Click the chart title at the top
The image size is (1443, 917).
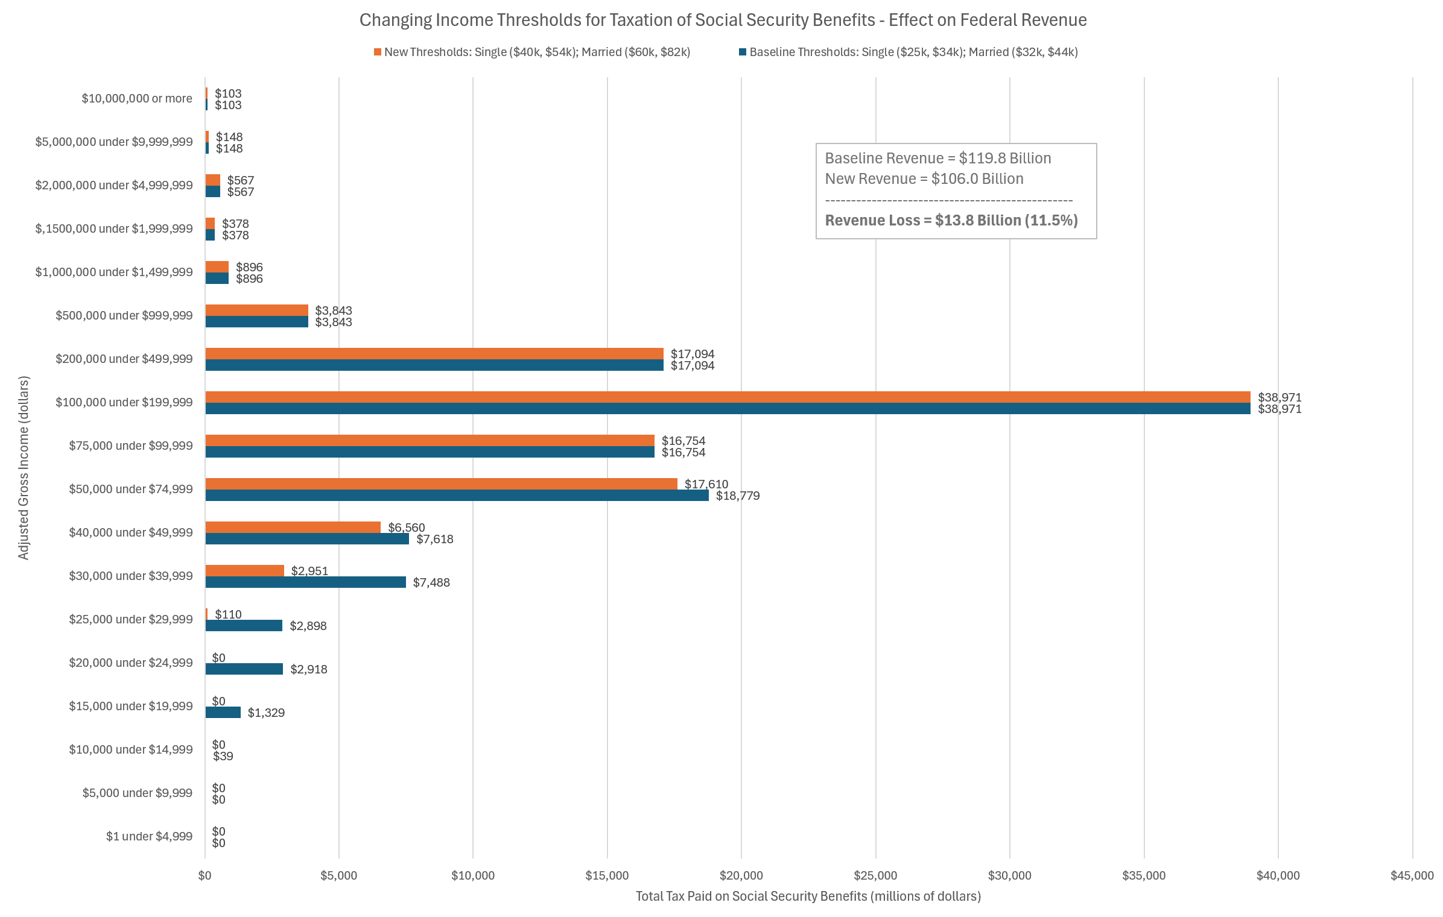[x=723, y=20]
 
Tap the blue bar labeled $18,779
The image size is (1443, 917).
[x=457, y=496]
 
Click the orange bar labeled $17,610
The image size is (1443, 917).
[x=441, y=484]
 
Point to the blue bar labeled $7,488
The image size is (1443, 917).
[x=305, y=582]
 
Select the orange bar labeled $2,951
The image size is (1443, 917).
[x=244, y=570]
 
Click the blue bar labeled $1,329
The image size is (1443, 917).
[x=223, y=713]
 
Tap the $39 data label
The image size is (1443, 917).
[x=223, y=757]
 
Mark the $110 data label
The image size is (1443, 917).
[x=228, y=614]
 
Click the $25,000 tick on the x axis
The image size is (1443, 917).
[x=875, y=876]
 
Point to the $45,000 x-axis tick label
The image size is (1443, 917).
[x=1412, y=876]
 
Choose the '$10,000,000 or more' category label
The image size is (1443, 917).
[x=137, y=99]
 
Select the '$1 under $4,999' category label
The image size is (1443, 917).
[x=149, y=837]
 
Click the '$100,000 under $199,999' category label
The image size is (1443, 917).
[x=124, y=403]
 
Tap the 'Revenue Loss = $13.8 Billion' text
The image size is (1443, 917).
[x=951, y=221]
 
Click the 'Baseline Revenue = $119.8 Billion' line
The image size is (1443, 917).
[x=937, y=159]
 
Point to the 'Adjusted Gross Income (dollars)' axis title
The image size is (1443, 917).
[x=24, y=468]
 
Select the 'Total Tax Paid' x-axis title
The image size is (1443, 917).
[x=808, y=897]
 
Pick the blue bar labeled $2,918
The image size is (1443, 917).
[x=244, y=669]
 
